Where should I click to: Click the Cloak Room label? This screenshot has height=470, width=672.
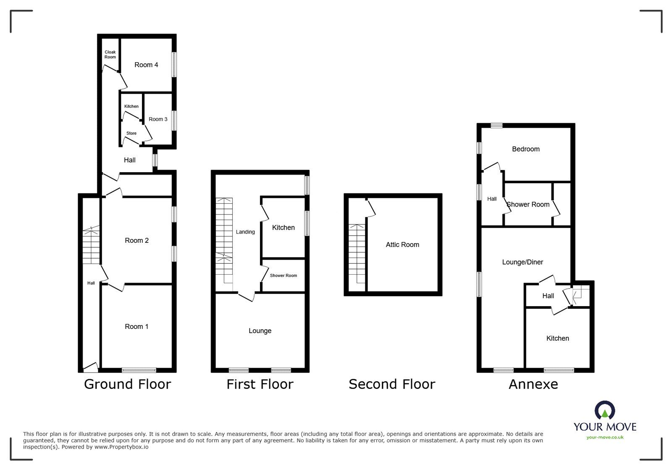[110, 54]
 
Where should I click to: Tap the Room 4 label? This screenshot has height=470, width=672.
[146, 65]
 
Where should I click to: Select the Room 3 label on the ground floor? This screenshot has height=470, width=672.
[158, 119]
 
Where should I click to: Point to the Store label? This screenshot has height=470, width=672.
[131, 133]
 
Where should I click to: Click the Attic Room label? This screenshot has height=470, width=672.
[402, 244]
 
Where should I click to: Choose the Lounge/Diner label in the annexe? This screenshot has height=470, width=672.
[522, 262]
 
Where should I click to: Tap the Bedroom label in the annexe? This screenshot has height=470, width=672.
[525, 149]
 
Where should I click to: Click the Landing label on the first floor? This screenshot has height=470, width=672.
[245, 232]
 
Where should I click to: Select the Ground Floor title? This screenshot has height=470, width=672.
[128, 384]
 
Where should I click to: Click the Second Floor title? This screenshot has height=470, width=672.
[392, 384]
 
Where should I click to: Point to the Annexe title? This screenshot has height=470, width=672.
[533, 384]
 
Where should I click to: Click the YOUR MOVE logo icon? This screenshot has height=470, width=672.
[605, 410]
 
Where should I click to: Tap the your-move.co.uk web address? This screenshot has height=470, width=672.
[605, 437]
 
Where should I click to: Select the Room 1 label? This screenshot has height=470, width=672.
[136, 326]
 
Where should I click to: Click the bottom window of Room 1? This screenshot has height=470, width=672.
[139, 370]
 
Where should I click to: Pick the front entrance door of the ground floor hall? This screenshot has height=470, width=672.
[91, 368]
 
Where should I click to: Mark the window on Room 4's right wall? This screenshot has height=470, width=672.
[174, 65]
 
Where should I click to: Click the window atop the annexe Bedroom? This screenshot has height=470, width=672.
[496, 125]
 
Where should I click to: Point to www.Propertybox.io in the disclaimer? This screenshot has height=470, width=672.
[121, 447]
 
